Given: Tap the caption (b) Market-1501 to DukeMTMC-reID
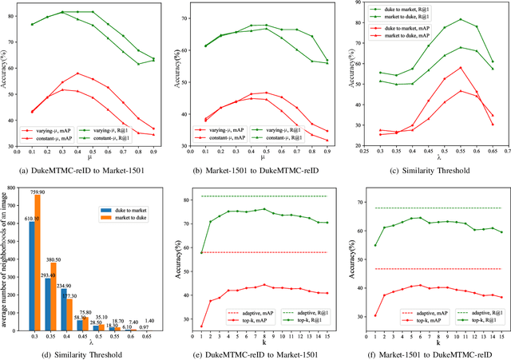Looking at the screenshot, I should pyautogui.click(x=256, y=169).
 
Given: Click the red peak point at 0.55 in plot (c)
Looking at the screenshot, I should pyautogui.click(x=461, y=68).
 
